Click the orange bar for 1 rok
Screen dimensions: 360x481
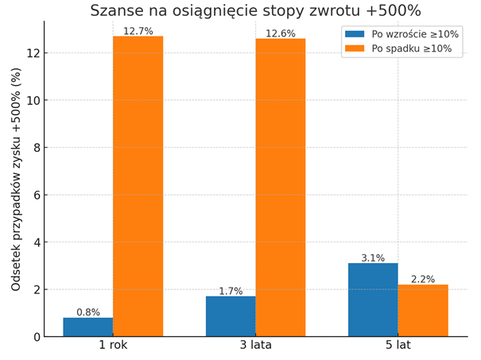[x=138, y=187]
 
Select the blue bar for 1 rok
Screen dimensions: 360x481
[x=88, y=327]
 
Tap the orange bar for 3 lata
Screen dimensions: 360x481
[x=280, y=188]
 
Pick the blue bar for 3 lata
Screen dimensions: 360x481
[x=231, y=316]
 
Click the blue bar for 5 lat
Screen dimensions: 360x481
[x=373, y=300]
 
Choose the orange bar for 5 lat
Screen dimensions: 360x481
[x=423, y=311]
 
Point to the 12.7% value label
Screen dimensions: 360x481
[x=138, y=31]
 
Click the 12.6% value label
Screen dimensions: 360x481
[x=280, y=33]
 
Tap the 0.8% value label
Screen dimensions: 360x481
[x=88, y=312]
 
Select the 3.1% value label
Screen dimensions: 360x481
[x=373, y=258]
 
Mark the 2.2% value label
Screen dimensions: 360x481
[x=423, y=279]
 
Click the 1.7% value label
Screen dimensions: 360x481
[x=231, y=291]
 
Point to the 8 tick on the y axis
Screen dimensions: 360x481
[x=36, y=148]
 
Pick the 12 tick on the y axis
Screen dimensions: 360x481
[x=33, y=53]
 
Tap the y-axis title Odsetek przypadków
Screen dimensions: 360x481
[x=17, y=179]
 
